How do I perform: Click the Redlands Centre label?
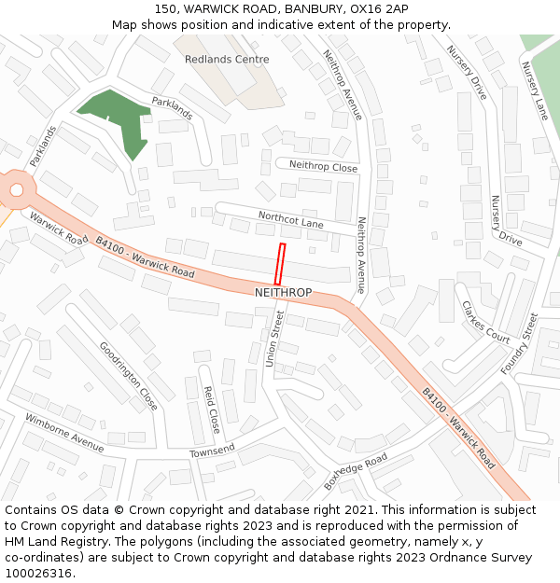[226, 60]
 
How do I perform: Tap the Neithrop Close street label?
[323, 166]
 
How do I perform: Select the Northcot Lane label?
[290, 220]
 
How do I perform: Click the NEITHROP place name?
[283, 293]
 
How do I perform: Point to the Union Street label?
[273, 339]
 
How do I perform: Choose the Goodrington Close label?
[128, 376]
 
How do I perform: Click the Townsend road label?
[213, 451]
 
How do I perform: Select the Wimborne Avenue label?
[64, 432]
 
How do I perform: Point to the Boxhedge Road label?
[356, 472]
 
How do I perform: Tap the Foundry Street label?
[520, 343]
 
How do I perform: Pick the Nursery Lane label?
[536, 90]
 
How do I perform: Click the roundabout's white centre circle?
[16, 190]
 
